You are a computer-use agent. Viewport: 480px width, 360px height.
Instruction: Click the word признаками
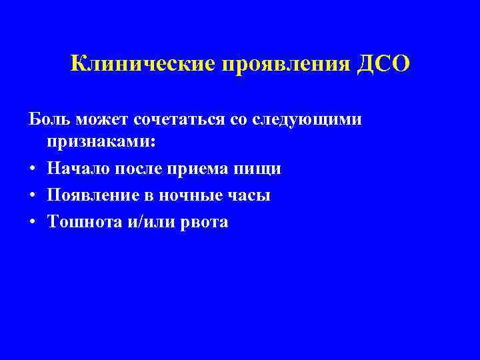point(101,143)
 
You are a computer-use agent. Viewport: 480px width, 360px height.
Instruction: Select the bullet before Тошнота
point(32,222)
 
